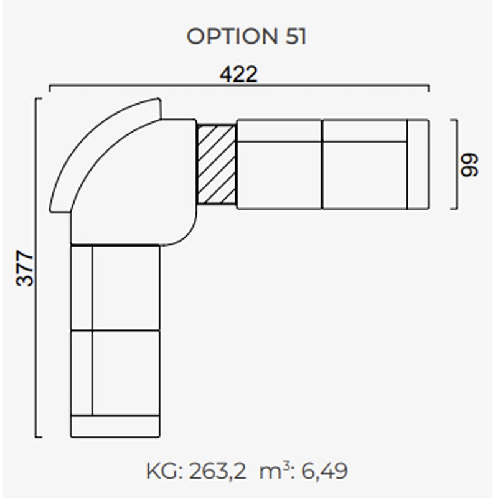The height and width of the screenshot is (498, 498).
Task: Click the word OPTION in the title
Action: (232, 36)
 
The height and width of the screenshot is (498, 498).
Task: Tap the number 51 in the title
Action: (296, 36)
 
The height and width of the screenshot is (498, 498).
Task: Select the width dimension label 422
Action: (238, 74)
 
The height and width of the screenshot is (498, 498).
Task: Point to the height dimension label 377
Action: (24, 268)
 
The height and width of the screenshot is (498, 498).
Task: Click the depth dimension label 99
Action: (469, 165)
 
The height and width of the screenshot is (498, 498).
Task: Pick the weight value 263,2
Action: (217, 471)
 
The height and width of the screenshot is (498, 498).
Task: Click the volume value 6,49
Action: (324, 471)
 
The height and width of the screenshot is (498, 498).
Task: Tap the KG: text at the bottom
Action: (164, 471)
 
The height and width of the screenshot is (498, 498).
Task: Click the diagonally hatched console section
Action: (217, 164)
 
